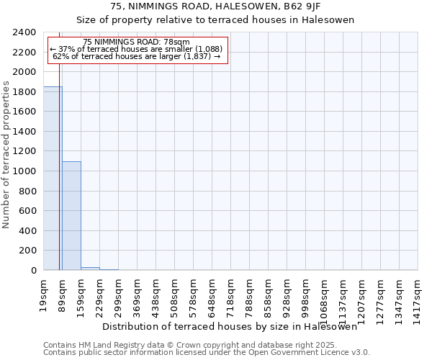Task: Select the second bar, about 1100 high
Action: [x=71, y=215]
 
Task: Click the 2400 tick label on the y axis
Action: [x=24, y=32]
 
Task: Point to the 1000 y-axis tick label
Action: [x=24, y=171]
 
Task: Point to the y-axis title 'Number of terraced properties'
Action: [x=7, y=154]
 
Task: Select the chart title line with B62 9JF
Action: [x=215, y=7]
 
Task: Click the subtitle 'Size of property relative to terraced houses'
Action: [x=215, y=20]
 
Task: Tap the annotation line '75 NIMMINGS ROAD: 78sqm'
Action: [x=136, y=42]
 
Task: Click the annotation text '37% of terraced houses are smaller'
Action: [x=136, y=49]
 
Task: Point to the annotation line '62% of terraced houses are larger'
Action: [x=136, y=55]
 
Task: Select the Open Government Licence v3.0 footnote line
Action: [x=207, y=353]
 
